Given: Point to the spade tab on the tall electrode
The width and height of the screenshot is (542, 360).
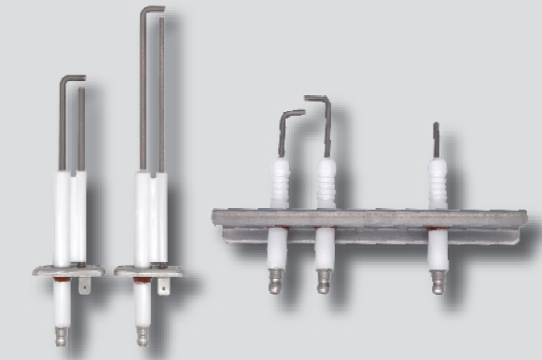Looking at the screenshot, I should [x=165, y=286].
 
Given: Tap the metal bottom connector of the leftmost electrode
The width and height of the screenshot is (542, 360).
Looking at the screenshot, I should [x=62, y=334].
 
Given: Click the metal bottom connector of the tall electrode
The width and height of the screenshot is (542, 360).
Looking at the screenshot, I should [x=142, y=334].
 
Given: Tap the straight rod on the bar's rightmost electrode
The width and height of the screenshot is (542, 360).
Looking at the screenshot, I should [x=436, y=140].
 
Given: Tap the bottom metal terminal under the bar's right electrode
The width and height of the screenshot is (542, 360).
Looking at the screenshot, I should [x=437, y=283].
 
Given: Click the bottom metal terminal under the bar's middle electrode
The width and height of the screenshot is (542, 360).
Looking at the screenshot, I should [x=324, y=279].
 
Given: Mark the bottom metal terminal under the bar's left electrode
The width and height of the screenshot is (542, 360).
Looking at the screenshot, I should [x=276, y=281].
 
